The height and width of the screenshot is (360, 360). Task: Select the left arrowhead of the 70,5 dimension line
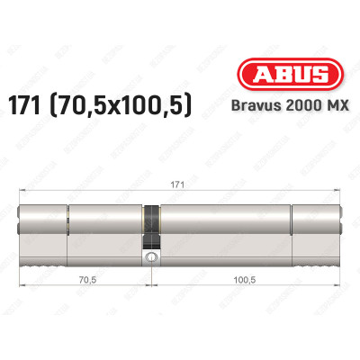pos(22,287)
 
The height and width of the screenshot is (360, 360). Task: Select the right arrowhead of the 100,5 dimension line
pos(340,287)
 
